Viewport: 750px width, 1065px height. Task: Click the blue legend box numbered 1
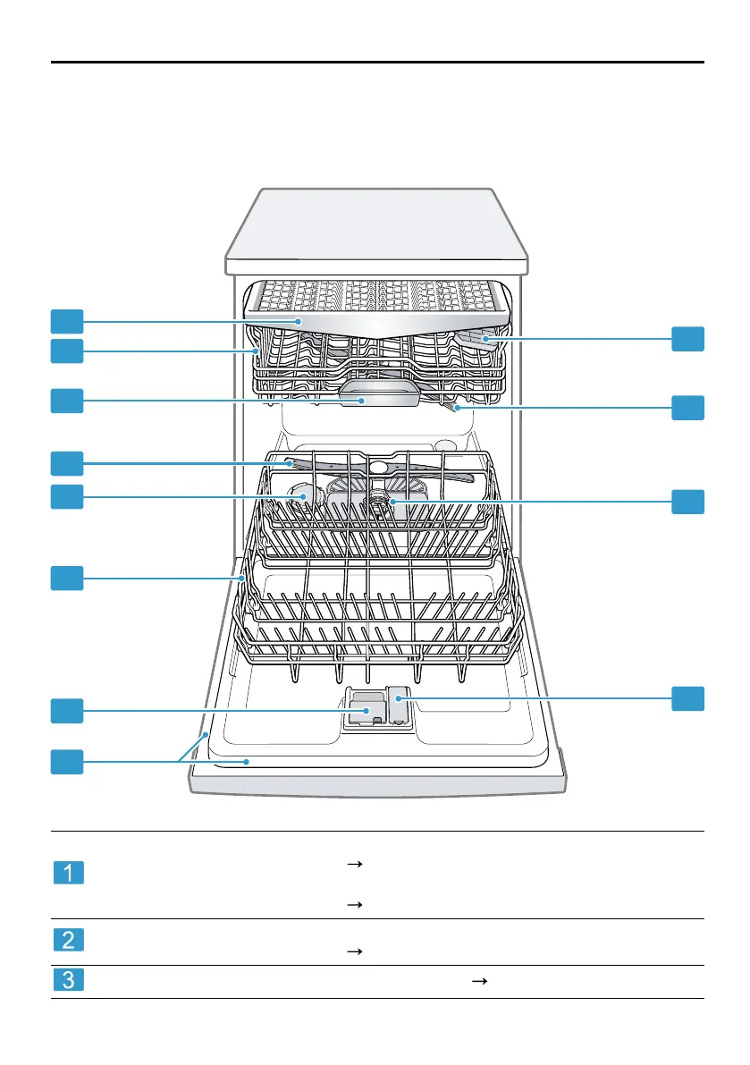[x=67, y=873]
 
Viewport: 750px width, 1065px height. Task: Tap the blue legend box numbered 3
[x=67, y=979]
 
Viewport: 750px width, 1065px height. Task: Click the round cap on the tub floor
[x=299, y=494]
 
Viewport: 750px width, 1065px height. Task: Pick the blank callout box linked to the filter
[x=687, y=502]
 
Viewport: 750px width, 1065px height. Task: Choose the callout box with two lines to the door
[x=67, y=761]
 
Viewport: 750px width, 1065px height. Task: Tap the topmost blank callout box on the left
[x=67, y=321]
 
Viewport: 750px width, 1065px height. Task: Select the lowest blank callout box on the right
[x=687, y=698]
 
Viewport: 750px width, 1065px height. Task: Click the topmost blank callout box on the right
[x=687, y=338]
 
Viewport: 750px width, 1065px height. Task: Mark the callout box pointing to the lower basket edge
[x=67, y=578]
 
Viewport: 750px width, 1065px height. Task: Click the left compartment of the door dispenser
[x=364, y=711]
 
